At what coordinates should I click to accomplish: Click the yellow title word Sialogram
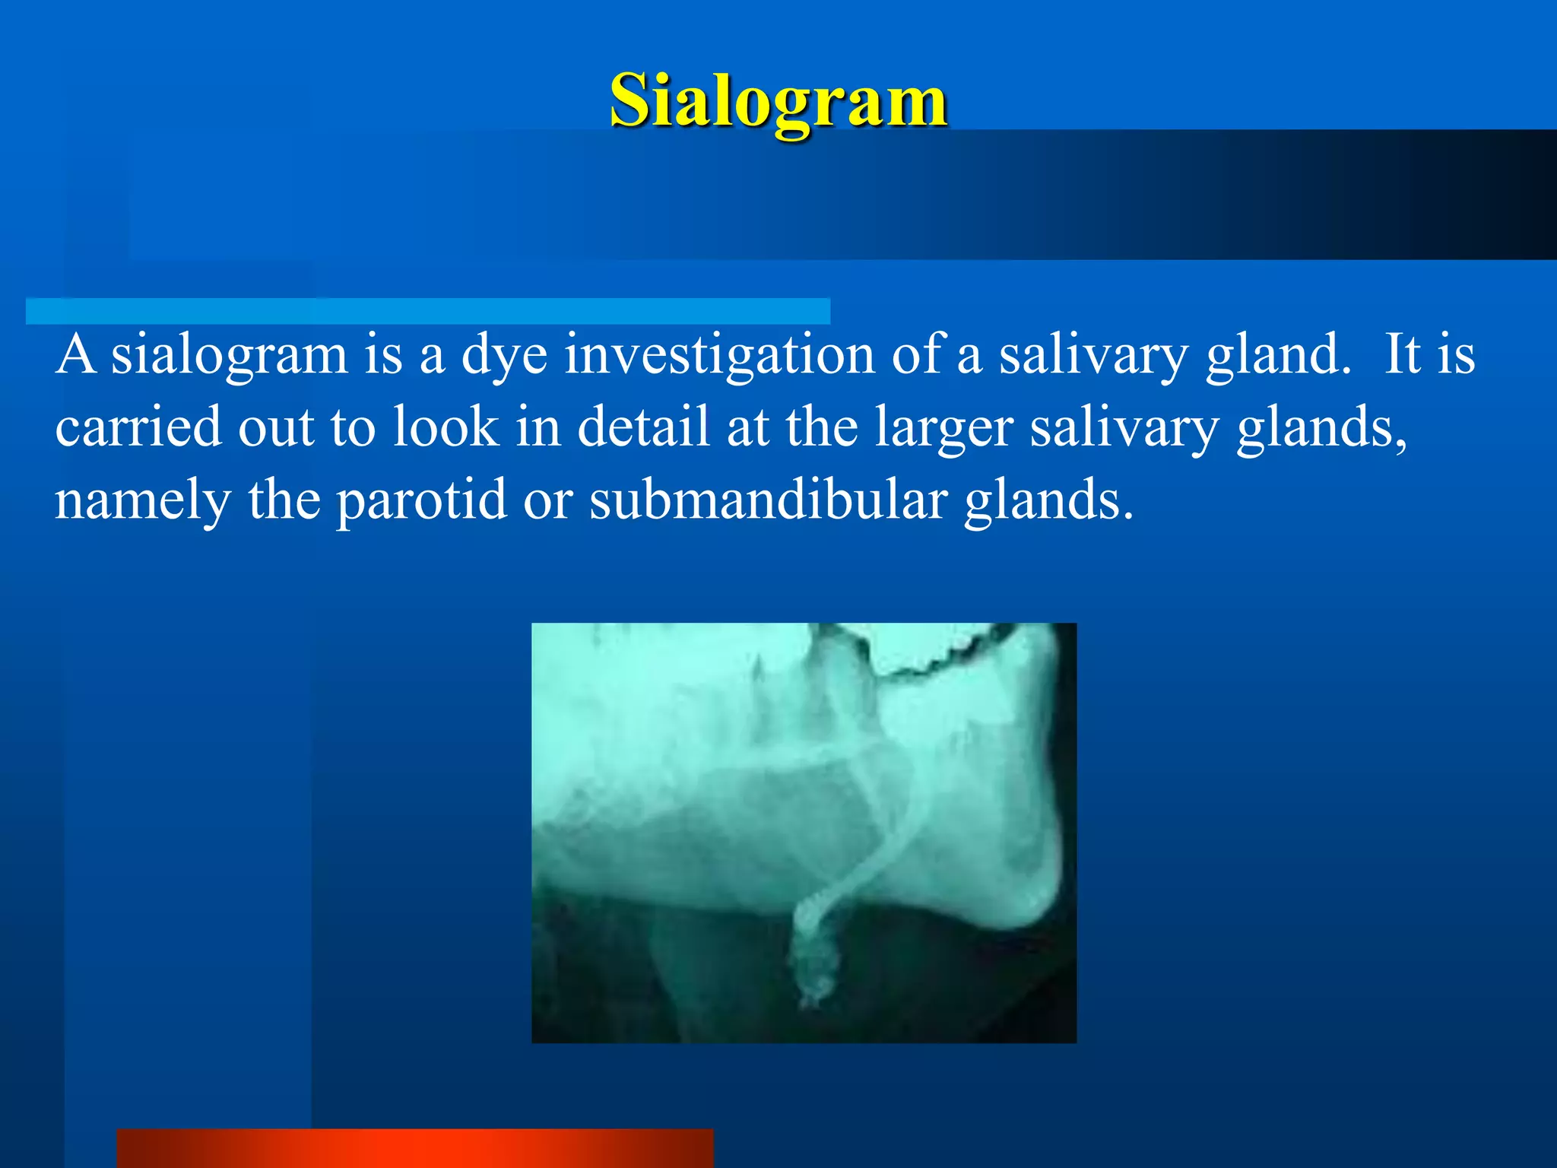pos(778,101)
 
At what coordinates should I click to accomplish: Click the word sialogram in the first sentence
pos(230,355)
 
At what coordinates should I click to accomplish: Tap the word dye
pos(504,357)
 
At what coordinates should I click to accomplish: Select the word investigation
pos(718,355)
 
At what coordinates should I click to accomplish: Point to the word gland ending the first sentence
pos(1277,355)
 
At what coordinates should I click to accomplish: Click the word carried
pos(138,427)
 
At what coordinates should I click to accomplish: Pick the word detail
pos(643,427)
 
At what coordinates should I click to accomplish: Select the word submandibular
pos(768,500)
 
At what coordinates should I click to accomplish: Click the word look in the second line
pos(446,427)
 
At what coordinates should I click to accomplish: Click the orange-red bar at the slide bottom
pos(414,1147)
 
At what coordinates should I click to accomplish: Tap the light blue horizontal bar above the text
pos(427,311)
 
